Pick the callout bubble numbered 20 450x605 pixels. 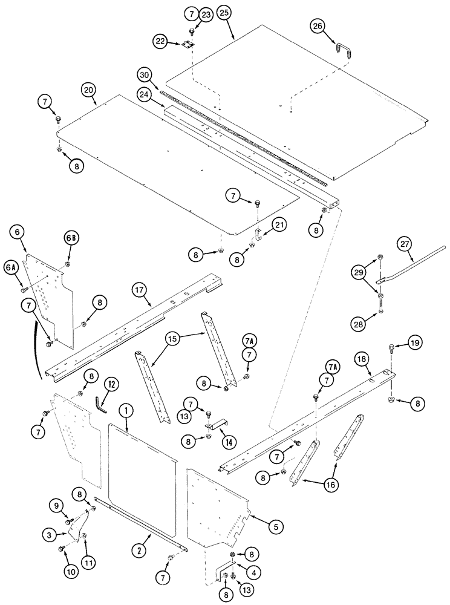(x=89, y=90)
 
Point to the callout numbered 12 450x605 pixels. (x=110, y=384)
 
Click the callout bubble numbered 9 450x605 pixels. (x=55, y=505)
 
